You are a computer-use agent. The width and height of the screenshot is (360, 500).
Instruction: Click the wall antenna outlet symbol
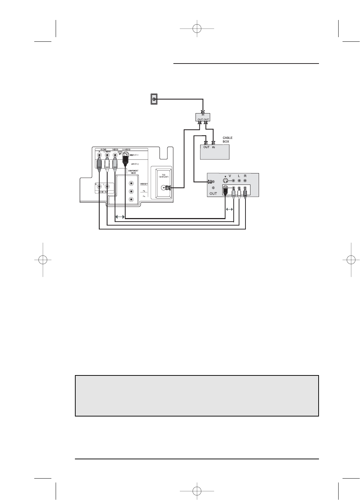tap(154, 99)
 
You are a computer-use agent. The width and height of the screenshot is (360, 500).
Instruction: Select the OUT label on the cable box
tap(206, 147)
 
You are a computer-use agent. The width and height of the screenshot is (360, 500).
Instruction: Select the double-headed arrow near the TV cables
tap(120, 217)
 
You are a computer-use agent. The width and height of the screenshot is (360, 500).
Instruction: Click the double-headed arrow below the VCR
tap(229, 209)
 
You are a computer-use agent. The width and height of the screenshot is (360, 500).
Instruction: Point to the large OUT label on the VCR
tap(213, 193)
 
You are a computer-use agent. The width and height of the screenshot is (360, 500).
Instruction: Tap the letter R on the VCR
tap(245, 176)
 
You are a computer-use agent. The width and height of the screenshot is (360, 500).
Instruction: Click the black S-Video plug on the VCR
tap(225, 191)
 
